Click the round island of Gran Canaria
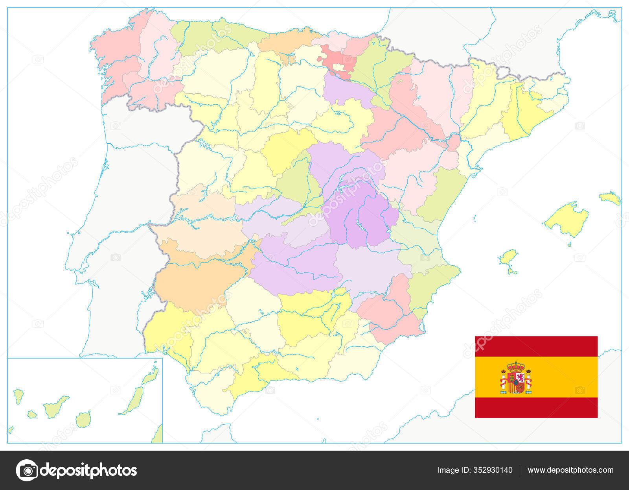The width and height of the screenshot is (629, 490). coord(83,420)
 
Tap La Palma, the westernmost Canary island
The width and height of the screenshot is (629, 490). coord(18,396)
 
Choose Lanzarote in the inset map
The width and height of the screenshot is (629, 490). coord(151,377)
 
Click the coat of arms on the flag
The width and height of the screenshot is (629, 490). coord(516,378)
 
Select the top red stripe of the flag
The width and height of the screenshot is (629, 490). coord(536,346)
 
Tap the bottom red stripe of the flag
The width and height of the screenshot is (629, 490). coord(536,407)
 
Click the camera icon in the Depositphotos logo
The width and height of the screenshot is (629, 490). coord(27,470)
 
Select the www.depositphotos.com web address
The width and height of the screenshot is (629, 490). coord(570,470)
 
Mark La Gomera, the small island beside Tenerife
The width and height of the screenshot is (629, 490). coord(32,414)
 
